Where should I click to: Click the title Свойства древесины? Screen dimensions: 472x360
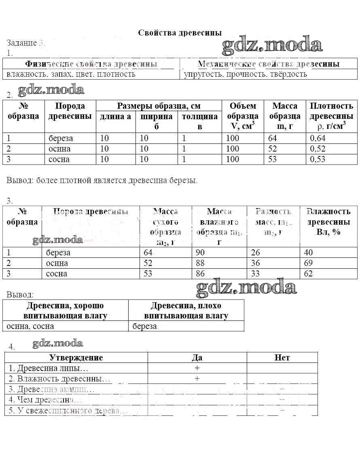(180, 33)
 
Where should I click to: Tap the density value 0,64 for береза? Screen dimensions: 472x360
(318, 138)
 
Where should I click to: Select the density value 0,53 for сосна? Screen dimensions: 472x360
(318, 159)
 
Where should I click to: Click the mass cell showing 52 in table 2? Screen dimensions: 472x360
(273, 149)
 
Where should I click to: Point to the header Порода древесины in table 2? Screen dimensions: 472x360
(70, 111)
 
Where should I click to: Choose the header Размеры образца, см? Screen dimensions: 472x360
(159, 106)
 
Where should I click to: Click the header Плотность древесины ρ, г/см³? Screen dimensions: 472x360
(331, 116)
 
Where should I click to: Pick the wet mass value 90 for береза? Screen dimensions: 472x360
(200, 253)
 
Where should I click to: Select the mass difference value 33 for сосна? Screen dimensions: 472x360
(256, 274)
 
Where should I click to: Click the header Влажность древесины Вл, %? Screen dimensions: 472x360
(328, 222)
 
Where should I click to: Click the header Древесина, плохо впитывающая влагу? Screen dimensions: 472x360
(186, 310)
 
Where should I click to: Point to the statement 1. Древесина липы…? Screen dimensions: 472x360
(49, 368)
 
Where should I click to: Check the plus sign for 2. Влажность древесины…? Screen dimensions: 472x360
(197, 379)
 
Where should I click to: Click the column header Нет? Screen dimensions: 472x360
(282, 358)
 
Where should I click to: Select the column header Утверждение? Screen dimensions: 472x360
(76, 358)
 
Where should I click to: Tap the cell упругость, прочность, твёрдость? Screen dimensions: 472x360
(246, 74)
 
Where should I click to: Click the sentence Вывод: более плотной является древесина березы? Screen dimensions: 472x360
(102, 180)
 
